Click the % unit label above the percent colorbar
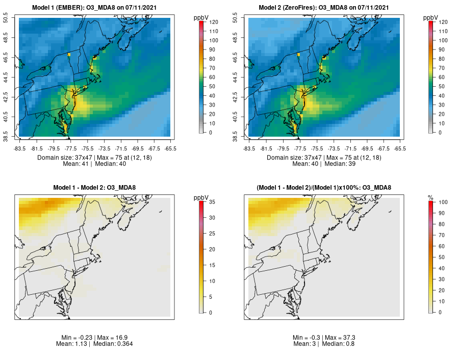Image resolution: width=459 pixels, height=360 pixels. pos(431,197)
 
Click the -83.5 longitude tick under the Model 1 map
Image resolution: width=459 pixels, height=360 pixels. pos(20,148)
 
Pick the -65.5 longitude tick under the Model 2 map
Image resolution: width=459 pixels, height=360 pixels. pos(400,148)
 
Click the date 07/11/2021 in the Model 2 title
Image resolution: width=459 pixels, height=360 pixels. pos(371,8)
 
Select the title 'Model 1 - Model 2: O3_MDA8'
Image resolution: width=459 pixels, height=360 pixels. pos(94,188)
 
